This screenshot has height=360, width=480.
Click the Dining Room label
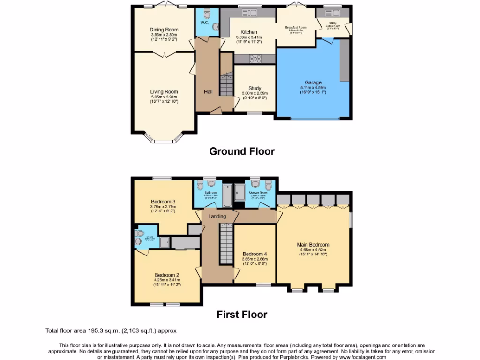pyautogui.click(x=164, y=30)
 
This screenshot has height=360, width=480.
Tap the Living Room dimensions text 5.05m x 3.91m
pyautogui.click(x=164, y=97)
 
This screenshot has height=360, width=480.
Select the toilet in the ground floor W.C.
pyautogui.click(x=215, y=26)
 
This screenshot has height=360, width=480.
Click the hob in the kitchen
pyautogui.click(x=255, y=59)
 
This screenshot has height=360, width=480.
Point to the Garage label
pyautogui.click(x=313, y=82)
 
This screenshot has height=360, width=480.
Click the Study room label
pyautogui.click(x=255, y=88)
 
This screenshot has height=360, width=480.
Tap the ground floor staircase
pyautogui.click(x=227, y=85)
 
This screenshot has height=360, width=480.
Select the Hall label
pyautogui.click(x=208, y=92)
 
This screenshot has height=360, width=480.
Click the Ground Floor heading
pyautogui.click(x=241, y=151)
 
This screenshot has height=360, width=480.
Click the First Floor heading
pyautogui.click(x=241, y=315)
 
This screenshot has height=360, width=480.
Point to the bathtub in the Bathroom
pyautogui.click(x=227, y=196)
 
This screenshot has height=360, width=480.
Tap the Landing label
pyautogui.click(x=217, y=216)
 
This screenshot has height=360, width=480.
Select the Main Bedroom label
pyautogui.click(x=313, y=244)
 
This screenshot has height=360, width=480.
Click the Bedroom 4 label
pyautogui.click(x=255, y=254)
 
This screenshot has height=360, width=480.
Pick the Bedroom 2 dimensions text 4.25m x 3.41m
pyautogui.click(x=167, y=280)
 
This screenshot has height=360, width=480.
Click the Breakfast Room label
pyautogui.click(x=296, y=28)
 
